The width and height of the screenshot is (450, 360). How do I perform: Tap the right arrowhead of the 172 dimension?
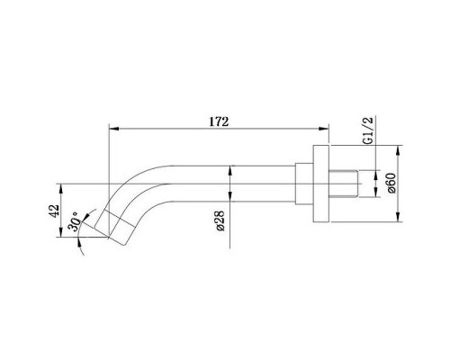coord(346,128)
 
